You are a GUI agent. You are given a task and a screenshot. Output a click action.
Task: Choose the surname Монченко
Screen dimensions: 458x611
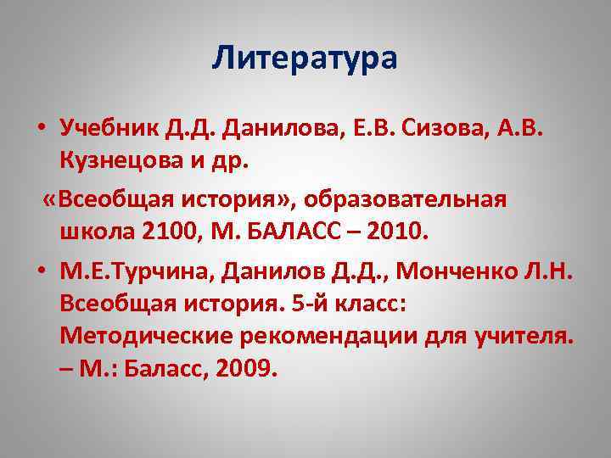(x=457, y=271)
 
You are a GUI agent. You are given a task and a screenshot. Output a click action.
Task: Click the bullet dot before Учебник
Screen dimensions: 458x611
(x=41, y=128)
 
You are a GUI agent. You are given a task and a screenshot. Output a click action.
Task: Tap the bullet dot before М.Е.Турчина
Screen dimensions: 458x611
(x=41, y=272)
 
